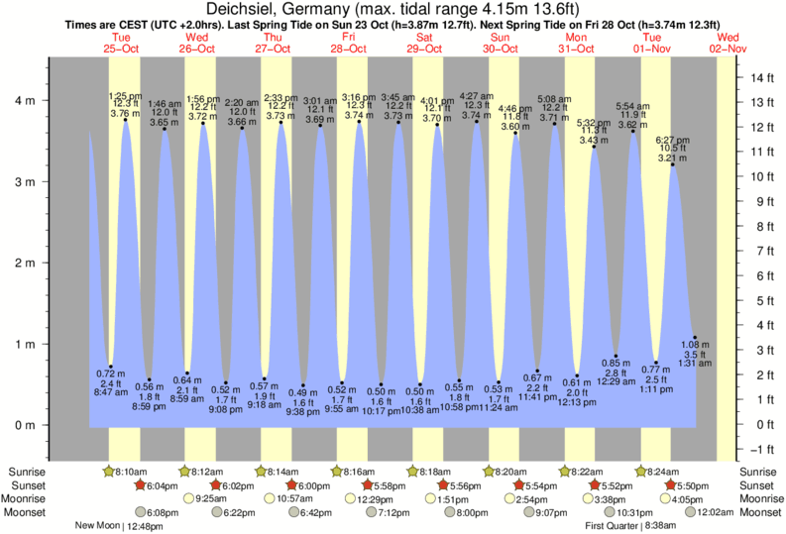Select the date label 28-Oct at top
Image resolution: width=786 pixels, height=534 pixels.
(349, 48)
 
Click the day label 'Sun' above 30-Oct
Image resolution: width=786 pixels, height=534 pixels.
(502, 36)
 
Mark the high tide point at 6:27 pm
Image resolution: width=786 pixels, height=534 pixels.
(673, 164)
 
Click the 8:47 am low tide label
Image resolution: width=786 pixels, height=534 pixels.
(111, 392)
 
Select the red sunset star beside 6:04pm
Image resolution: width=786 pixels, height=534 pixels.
(141, 485)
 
